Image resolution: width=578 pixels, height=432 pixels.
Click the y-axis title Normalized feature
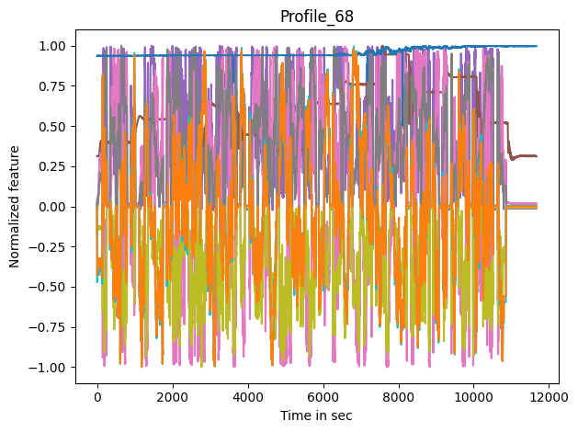(15, 207)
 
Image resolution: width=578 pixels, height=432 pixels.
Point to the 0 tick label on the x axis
(97, 397)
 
